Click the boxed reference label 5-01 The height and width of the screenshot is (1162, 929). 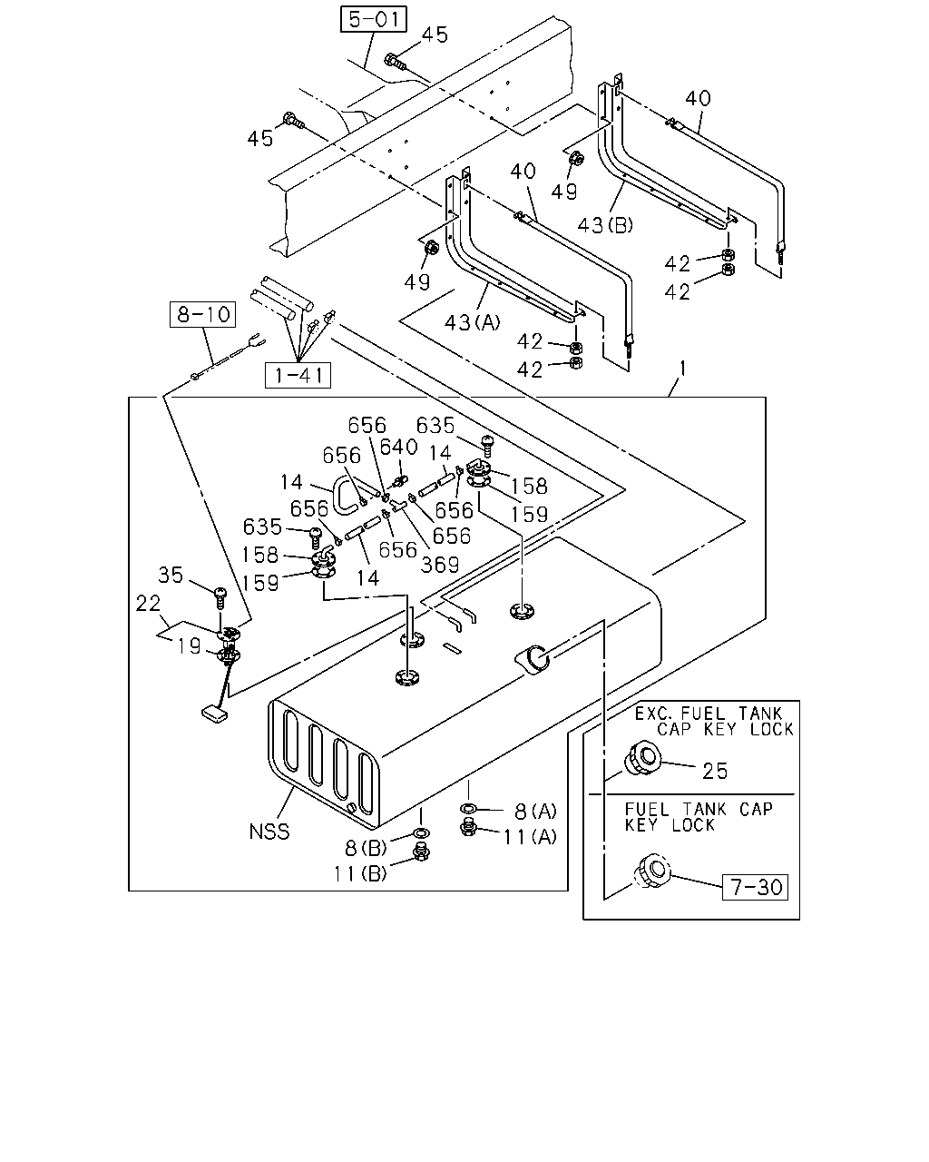coord(373,19)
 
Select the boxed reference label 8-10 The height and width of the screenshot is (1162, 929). coord(203,314)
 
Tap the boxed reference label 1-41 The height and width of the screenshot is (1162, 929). coord(298,375)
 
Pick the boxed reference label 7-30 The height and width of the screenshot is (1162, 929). coord(755,887)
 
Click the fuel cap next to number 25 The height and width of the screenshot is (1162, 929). coord(641,757)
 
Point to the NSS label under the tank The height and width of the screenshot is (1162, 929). coord(269,832)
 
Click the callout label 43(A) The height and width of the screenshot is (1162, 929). coord(473,322)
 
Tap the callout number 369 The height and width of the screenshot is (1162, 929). coord(440,565)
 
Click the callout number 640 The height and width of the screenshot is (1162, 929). coord(398,447)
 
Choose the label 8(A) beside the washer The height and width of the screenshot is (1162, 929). coord(535,811)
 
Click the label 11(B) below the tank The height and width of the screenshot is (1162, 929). coord(360,873)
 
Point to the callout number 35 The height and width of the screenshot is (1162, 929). coord(171,575)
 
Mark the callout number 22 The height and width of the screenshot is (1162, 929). coord(148,604)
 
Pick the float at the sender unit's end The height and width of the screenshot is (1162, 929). coord(214,714)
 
